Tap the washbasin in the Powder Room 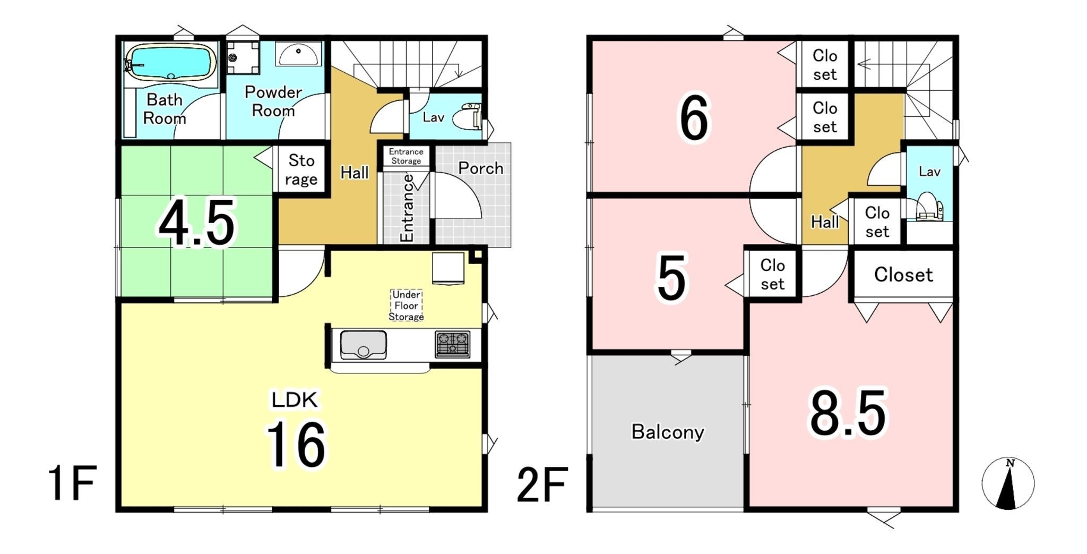(x=299, y=54)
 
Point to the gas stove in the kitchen (x=453, y=343)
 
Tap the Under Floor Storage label (x=406, y=305)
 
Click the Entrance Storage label (x=406, y=156)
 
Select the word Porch (x=480, y=168)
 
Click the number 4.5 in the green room (x=197, y=223)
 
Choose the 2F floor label (x=542, y=484)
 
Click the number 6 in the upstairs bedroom (x=694, y=118)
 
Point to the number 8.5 (x=848, y=413)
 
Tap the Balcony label (x=668, y=432)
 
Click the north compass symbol (x=1008, y=483)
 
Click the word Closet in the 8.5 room (x=903, y=275)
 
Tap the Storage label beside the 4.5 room (x=301, y=170)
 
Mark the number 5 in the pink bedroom (x=671, y=277)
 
